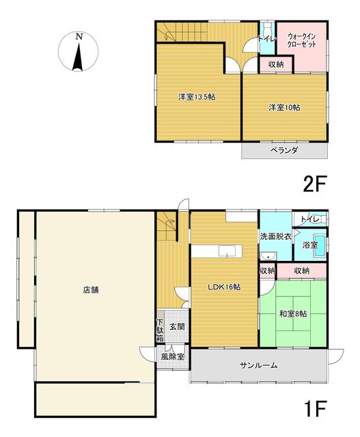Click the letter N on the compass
79,36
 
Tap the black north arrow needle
78,57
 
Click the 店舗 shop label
91,290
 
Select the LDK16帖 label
225,287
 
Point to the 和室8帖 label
293,314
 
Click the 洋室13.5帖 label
197,97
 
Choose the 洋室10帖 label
284,108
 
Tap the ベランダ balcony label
284,151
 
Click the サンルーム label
259,365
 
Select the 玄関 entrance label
177,326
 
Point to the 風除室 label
173,356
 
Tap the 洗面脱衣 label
276,237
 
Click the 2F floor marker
314,184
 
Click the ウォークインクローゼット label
302,40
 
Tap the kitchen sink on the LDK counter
227,251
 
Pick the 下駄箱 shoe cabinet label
160,330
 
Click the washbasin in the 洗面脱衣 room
268,255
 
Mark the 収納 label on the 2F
276,65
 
